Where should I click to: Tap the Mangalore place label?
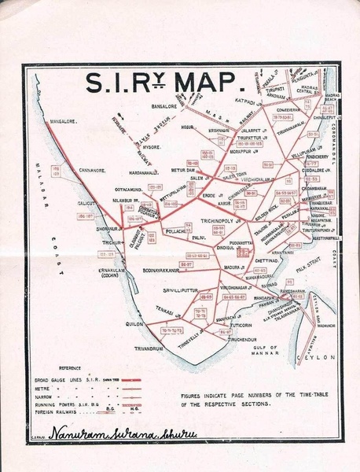pos(67,123)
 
